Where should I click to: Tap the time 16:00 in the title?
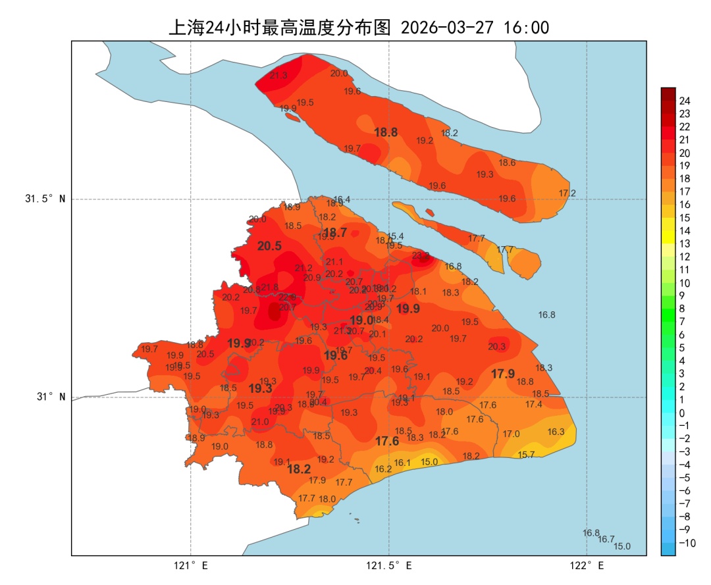pyautogui.click(x=526, y=28)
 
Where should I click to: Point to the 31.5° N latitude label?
pyautogui.click(x=45, y=199)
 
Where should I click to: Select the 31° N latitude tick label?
pyautogui.click(x=51, y=397)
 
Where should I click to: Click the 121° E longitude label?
pyautogui.click(x=191, y=565)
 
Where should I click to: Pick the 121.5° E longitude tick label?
pyautogui.click(x=389, y=565)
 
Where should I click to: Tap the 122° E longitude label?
pyautogui.click(x=587, y=565)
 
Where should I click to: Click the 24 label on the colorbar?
pyautogui.click(x=685, y=101)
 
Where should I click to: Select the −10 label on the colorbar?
pyautogui.click(x=687, y=543)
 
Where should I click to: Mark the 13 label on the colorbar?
pyautogui.click(x=685, y=243)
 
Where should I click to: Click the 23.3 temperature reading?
pyautogui.click(x=421, y=255)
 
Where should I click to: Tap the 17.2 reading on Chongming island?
pyautogui.click(x=567, y=193)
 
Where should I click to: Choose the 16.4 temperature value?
pyautogui.click(x=342, y=199)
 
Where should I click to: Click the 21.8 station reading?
pyautogui.click(x=269, y=287)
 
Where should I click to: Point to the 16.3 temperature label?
pyautogui.click(x=556, y=432)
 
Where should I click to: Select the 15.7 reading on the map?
pyautogui.click(x=526, y=455)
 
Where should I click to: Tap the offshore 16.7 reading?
pyautogui.click(x=606, y=539)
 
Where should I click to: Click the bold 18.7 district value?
pyautogui.click(x=335, y=232)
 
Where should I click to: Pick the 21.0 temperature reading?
pyautogui.click(x=260, y=422)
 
